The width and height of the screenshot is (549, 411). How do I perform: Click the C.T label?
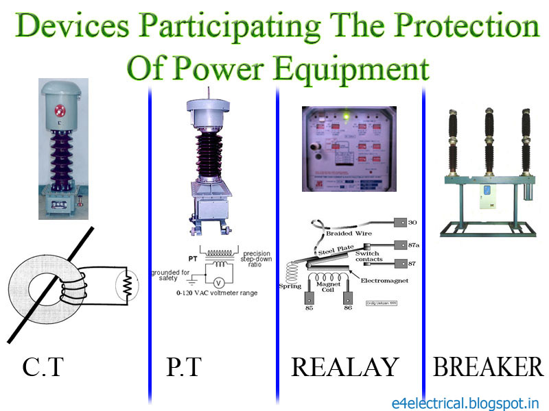pos(43,368)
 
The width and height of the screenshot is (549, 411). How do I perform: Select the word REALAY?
pos(344,368)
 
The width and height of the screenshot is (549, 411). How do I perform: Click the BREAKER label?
pos(488,368)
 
